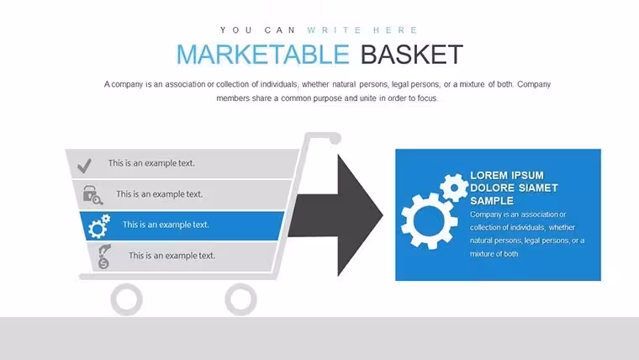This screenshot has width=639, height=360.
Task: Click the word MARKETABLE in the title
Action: (x=263, y=54)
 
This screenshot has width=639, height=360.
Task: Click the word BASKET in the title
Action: (x=412, y=54)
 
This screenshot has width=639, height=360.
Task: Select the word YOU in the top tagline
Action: (x=236, y=30)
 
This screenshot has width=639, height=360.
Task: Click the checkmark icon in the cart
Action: (x=84, y=166)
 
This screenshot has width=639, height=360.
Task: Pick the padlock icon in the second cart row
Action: (x=92, y=195)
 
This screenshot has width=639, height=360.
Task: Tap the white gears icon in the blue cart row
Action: (x=99, y=226)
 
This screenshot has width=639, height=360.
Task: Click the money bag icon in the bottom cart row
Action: (x=104, y=257)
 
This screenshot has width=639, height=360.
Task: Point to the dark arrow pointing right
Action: (x=335, y=215)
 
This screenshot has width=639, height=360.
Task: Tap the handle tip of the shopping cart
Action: (x=335, y=140)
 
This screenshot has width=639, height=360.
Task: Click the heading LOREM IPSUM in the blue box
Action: (x=506, y=175)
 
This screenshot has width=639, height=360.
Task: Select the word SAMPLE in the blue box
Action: (x=492, y=201)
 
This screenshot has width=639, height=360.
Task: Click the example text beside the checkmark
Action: (x=151, y=163)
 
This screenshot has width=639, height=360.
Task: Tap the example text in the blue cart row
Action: (x=166, y=225)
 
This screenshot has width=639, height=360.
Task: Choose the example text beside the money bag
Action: (x=172, y=256)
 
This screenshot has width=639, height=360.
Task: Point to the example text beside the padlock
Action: (x=160, y=194)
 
